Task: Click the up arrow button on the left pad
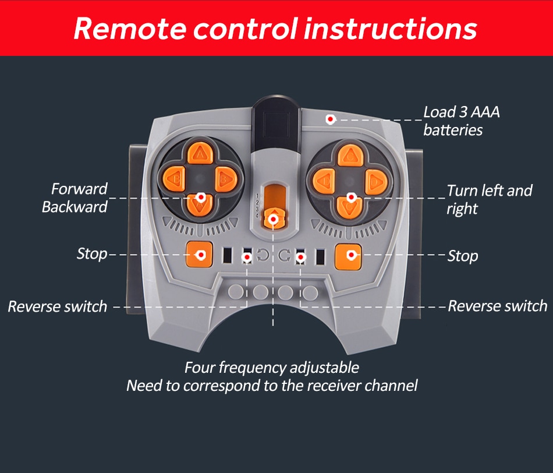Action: [x=201, y=153]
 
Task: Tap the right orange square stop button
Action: [x=348, y=255]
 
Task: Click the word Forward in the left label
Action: [x=79, y=189]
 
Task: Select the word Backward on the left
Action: [x=75, y=207]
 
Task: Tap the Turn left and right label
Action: [x=489, y=199]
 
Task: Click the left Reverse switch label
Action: [x=57, y=306]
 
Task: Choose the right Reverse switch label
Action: [x=497, y=306]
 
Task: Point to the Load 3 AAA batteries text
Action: [x=461, y=121]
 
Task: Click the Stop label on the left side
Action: [x=92, y=254]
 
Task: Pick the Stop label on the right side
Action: [x=463, y=256]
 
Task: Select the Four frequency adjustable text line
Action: [x=272, y=368]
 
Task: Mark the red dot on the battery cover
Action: [x=330, y=119]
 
